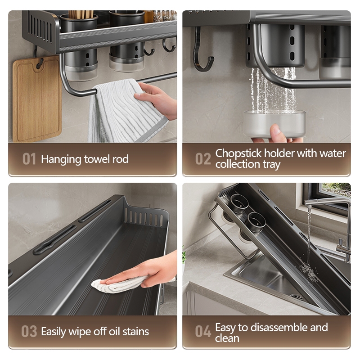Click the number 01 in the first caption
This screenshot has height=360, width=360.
(29, 159)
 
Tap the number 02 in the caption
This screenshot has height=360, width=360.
(203, 159)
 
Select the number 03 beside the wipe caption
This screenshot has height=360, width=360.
(29, 331)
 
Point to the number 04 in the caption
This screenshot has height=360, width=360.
(203, 331)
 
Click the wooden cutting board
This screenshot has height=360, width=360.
(37, 98)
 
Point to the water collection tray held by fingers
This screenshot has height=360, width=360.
(274, 123)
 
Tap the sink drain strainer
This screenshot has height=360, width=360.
(297, 297)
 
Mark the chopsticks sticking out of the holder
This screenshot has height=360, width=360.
(81, 14)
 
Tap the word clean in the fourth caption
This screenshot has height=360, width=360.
(227, 338)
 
